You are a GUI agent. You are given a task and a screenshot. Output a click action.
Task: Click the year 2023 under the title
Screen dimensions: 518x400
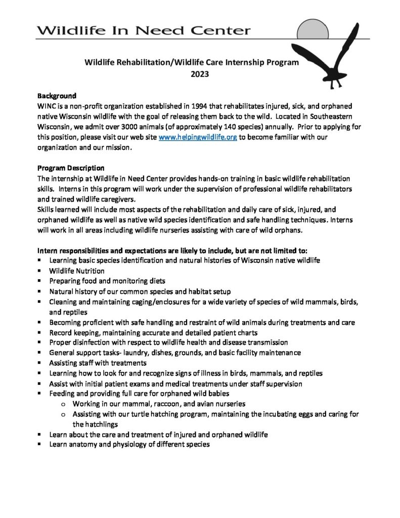tap(191, 74)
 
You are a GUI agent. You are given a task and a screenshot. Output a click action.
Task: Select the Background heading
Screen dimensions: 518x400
tap(57, 96)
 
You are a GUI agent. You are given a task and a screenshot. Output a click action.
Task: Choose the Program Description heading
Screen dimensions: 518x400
tap(71, 168)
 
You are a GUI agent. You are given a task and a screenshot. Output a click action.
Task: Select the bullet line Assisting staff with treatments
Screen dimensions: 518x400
tap(99, 362)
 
